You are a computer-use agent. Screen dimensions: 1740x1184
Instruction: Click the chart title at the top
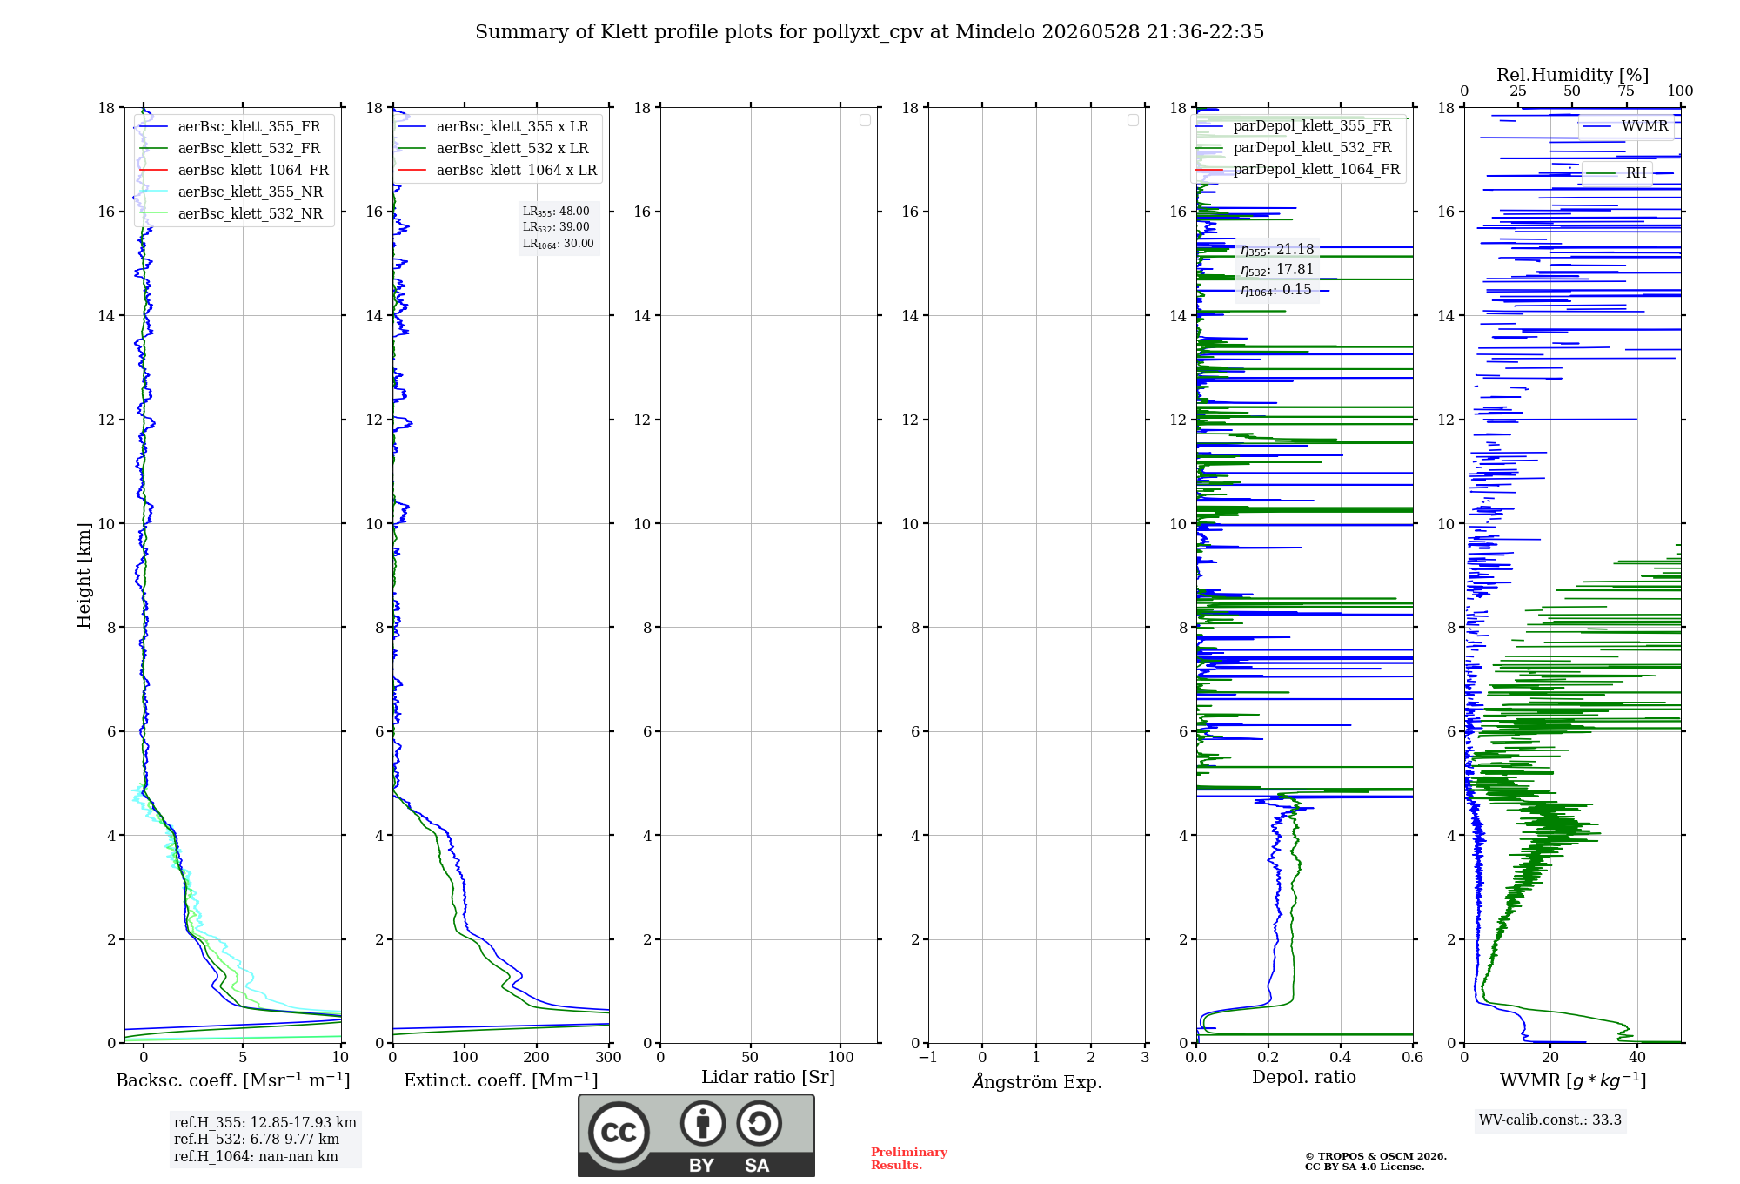point(869,32)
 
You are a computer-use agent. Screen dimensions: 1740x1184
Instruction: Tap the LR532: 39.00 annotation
point(556,227)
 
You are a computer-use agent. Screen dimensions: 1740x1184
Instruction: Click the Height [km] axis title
point(84,575)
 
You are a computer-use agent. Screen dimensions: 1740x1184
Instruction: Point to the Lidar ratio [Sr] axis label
point(768,1077)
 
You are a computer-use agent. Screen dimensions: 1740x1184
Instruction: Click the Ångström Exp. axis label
point(1037,1081)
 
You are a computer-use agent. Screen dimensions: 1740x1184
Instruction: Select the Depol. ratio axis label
point(1304,1077)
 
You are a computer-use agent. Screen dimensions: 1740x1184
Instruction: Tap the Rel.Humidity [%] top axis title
point(1573,75)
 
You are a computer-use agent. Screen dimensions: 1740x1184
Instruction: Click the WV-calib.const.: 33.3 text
point(1550,1120)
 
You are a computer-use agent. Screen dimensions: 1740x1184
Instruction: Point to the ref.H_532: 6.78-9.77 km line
point(257,1139)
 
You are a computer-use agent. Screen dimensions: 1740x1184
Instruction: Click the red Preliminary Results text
point(909,1159)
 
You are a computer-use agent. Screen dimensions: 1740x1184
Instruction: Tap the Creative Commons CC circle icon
point(619,1133)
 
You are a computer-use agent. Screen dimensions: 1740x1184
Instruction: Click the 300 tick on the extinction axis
point(609,1057)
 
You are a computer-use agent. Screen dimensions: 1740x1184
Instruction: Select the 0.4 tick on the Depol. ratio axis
point(1341,1057)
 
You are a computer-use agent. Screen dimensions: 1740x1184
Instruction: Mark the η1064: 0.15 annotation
point(1276,290)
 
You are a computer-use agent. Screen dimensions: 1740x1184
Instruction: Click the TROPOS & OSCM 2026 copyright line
point(1375,1156)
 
